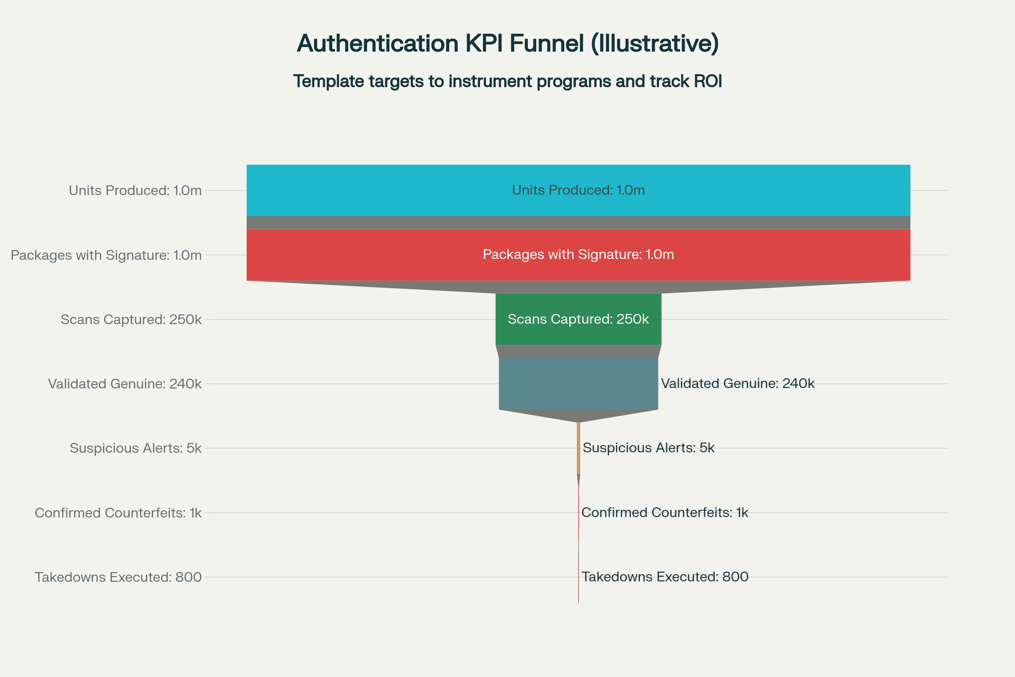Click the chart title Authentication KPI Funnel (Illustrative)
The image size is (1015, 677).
click(507, 44)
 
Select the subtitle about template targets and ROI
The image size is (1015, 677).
click(507, 81)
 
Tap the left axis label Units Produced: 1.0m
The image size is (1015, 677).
click(135, 190)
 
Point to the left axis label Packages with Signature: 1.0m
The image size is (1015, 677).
click(106, 255)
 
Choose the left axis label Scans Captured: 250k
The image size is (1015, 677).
click(131, 319)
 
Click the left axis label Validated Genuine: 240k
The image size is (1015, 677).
click(125, 384)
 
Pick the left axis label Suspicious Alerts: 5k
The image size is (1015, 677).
click(135, 448)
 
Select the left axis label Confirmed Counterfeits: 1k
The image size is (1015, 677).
click(118, 513)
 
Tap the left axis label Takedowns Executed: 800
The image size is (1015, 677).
click(118, 577)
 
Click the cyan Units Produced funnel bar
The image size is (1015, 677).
click(578, 190)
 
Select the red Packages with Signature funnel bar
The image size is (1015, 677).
click(578, 255)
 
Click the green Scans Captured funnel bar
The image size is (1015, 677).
click(578, 319)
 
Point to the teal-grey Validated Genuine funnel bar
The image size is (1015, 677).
click(578, 384)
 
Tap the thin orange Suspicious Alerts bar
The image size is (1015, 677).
click(579, 448)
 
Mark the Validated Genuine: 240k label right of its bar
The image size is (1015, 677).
click(738, 383)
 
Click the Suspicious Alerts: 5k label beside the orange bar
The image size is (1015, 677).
click(649, 448)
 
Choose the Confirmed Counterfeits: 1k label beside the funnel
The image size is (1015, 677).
click(664, 512)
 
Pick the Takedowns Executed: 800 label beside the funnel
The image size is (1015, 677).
click(664, 577)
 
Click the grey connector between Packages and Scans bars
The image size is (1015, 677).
click(578, 287)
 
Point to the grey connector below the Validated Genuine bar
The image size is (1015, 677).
click(578, 415)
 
